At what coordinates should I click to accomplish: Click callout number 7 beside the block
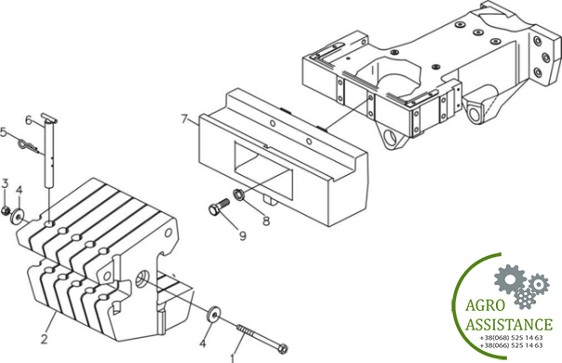pyautogui.click(x=184, y=119)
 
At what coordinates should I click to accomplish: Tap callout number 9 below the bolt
pyautogui.click(x=243, y=236)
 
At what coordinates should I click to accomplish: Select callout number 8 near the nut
pyautogui.click(x=266, y=221)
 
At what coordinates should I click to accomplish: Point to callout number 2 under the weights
pyautogui.click(x=45, y=339)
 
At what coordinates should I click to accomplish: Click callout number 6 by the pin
pyautogui.click(x=29, y=120)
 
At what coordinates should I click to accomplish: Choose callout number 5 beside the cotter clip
pyautogui.click(x=3, y=132)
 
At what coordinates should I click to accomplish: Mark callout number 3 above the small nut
pyautogui.click(x=5, y=183)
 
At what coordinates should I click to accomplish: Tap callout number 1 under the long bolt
pyautogui.click(x=233, y=358)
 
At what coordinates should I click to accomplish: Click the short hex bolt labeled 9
pyautogui.click(x=219, y=207)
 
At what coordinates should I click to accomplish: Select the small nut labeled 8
pyautogui.click(x=237, y=195)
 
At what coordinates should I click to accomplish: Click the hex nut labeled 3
pyautogui.click(x=6, y=210)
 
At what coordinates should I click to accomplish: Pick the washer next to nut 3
pyautogui.click(x=17, y=216)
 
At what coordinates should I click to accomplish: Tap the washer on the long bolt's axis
pyautogui.click(x=214, y=315)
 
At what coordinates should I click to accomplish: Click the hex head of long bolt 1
pyautogui.click(x=283, y=349)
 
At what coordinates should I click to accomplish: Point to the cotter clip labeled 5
pyautogui.click(x=31, y=148)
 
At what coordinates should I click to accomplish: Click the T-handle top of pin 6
pyautogui.click(x=49, y=117)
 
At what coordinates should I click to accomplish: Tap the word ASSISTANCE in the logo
pyautogui.click(x=509, y=325)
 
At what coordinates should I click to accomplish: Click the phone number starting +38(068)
pyautogui.click(x=511, y=338)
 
